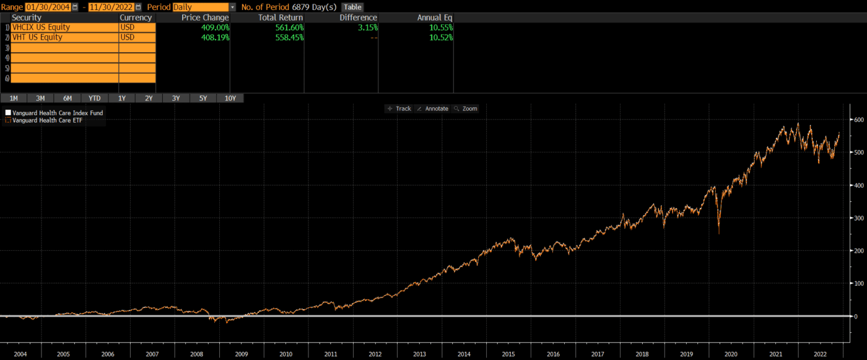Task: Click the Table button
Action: point(352,7)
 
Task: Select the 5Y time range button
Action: point(203,98)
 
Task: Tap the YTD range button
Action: point(94,98)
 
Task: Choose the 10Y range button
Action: point(230,98)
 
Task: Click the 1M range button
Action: point(13,98)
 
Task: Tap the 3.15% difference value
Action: point(366,27)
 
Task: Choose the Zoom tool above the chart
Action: point(466,108)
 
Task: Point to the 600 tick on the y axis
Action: point(857,119)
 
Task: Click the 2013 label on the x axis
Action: point(419,354)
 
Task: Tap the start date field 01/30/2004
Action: point(48,7)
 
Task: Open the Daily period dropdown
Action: point(204,7)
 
